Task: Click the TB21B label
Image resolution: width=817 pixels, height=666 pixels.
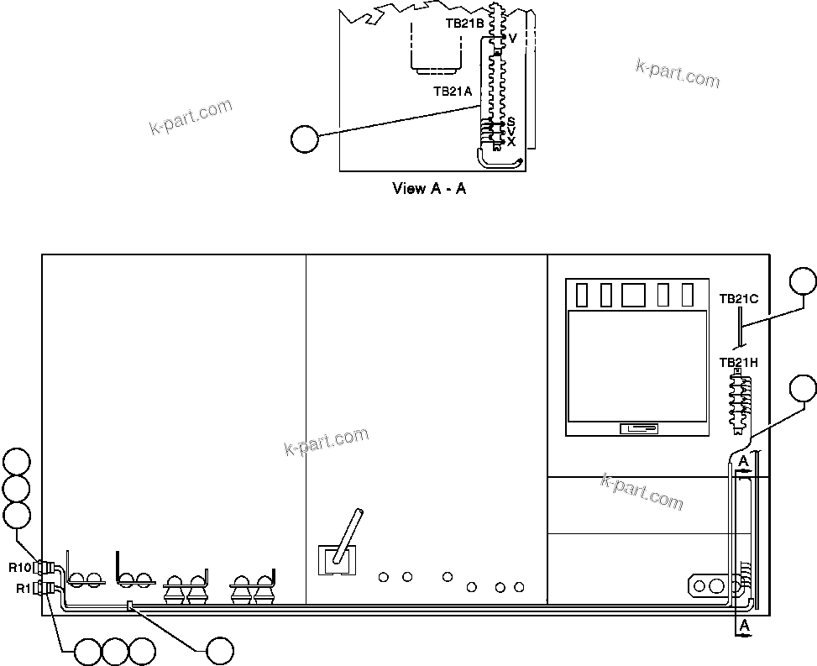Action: pos(464,24)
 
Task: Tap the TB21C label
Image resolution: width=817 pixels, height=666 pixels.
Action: pos(739,298)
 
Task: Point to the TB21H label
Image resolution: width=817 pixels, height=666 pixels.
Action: pos(739,363)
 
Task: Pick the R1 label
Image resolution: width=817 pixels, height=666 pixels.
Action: pos(24,588)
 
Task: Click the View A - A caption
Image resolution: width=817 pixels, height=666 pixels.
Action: pos(429,188)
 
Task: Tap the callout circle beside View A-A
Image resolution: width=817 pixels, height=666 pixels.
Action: pos(304,139)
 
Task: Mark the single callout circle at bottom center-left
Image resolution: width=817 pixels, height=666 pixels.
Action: pos(220,651)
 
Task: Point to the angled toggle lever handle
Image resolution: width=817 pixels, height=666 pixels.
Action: pos(347,534)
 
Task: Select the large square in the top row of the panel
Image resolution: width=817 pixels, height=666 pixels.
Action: pos(633,295)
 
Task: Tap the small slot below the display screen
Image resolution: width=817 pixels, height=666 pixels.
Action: pos(638,429)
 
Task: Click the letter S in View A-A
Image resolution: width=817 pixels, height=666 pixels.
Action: pos(511,123)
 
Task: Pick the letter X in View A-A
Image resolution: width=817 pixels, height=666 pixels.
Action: pos(511,142)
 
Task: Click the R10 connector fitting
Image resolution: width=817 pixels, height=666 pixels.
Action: pos(46,567)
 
